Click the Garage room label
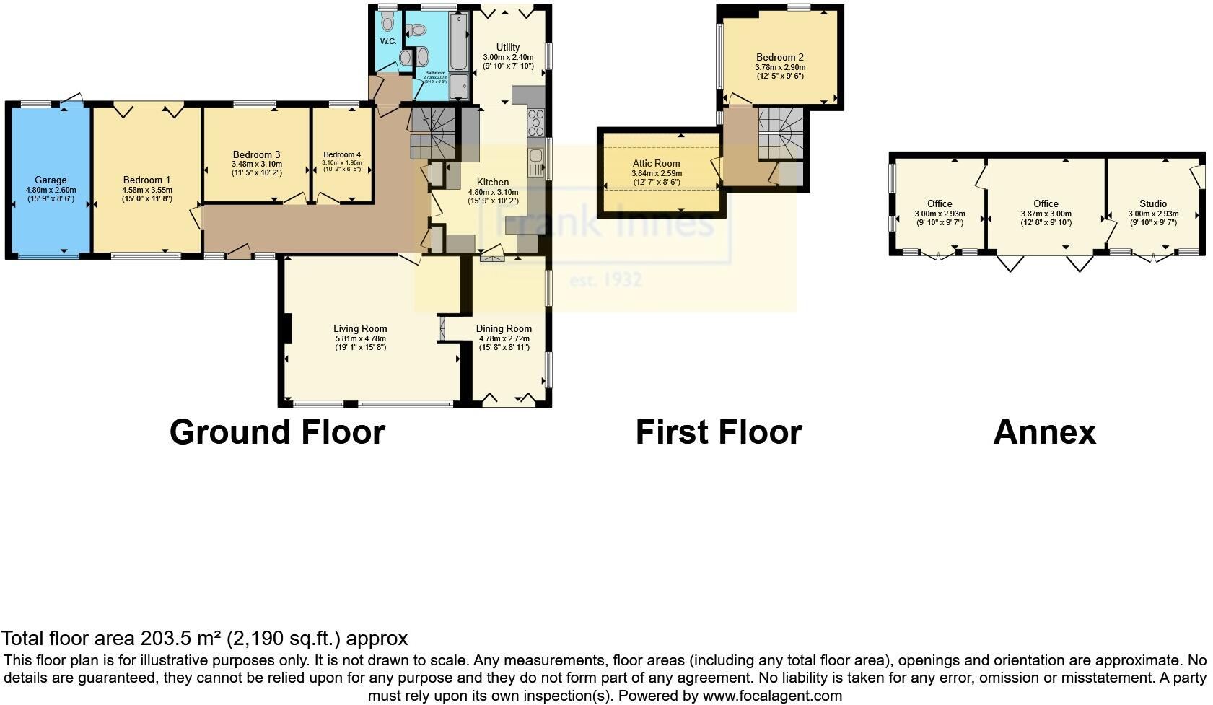[51, 180]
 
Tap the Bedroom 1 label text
[146, 180]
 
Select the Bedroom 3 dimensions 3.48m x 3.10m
[256, 164]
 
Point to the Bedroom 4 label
[342, 154]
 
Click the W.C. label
[388, 41]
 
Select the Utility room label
[508, 47]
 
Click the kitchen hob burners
[537, 123]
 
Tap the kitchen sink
[536, 162]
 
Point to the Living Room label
[360, 329]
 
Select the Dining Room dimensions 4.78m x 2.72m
[504, 338]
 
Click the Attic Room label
[657, 164]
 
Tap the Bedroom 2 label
[779, 57]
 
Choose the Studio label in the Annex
[1153, 204]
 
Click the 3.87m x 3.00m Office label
[1046, 204]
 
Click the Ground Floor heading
[277, 432]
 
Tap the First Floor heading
[718, 432]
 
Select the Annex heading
[1044, 432]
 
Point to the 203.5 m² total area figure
[180, 639]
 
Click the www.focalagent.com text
[772, 696]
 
